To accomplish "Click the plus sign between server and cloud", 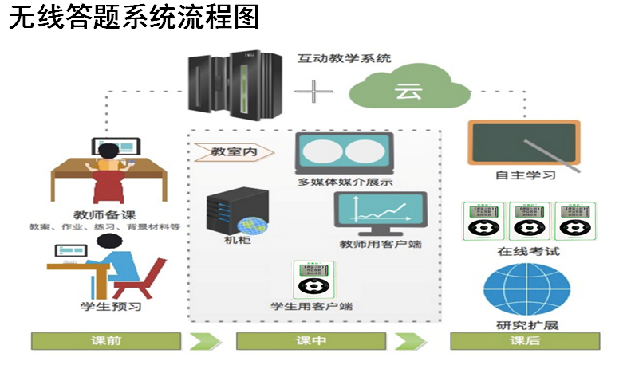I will pos(313,91).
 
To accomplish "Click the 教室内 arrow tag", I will pos(233,151).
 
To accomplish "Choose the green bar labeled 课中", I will pos(310,341).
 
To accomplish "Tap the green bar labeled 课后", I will pos(524,341).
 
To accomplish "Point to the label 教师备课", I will pos(104,214).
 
